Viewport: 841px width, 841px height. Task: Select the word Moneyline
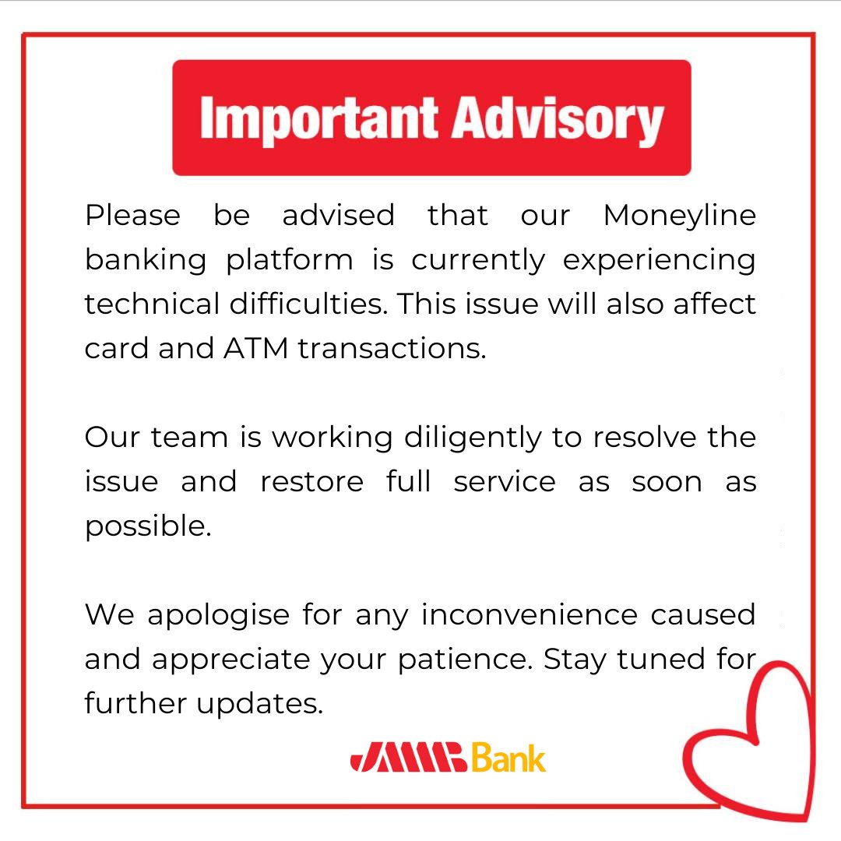tap(679, 216)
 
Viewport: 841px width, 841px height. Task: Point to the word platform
tap(290, 260)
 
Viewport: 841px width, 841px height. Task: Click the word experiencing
tap(659, 260)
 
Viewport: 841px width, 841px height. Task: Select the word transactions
tap(392, 348)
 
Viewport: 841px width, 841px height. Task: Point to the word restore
tap(311, 482)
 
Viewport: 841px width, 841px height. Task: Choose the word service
tap(505, 482)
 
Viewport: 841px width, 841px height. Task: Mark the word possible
tap(148, 527)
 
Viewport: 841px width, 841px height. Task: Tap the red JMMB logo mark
tap(409, 758)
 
